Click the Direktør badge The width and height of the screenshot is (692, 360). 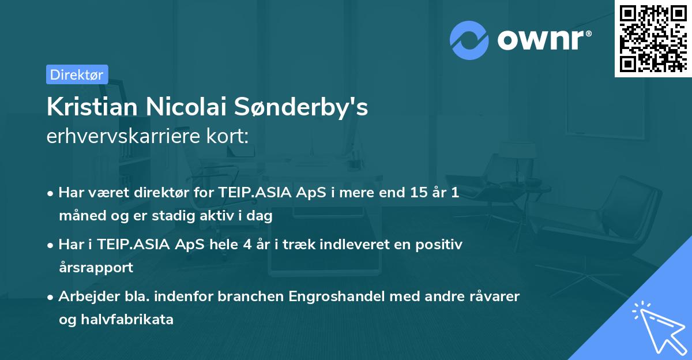pyautogui.click(x=77, y=74)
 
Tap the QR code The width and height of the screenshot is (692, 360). pyautogui.click(x=652, y=39)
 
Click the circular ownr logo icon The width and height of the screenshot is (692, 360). pyautogui.click(x=469, y=40)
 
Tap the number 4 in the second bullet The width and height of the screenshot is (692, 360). pyautogui.click(x=247, y=245)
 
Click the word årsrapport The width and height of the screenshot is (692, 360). pyautogui.click(x=96, y=267)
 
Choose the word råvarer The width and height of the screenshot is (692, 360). pyautogui.click(x=494, y=297)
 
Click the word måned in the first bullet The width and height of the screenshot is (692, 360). pyautogui.click(x=78, y=216)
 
